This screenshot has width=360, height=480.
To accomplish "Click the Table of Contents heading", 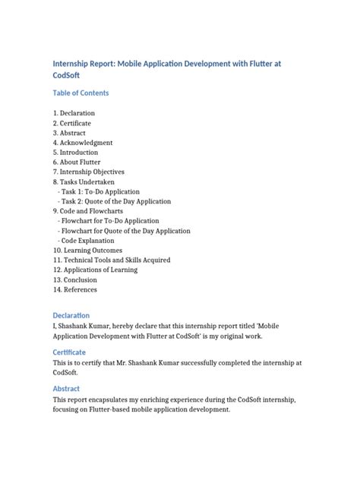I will [x=81, y=93].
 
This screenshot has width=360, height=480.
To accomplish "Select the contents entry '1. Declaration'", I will [x=74, y=112].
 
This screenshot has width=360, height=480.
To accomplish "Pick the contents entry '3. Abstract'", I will [x=69, y=132].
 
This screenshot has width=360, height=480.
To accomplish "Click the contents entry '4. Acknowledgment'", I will [x=83, y=142].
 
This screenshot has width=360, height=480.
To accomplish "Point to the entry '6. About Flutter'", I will [x=77, y=162].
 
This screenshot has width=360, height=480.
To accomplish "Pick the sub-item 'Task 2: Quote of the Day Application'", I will [x=118, y=201].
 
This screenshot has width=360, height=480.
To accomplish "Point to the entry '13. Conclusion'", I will [x=75, y=279].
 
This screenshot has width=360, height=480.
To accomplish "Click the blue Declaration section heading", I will [x=71, y=315].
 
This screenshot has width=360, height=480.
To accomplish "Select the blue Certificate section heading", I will [x=69, y=352].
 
